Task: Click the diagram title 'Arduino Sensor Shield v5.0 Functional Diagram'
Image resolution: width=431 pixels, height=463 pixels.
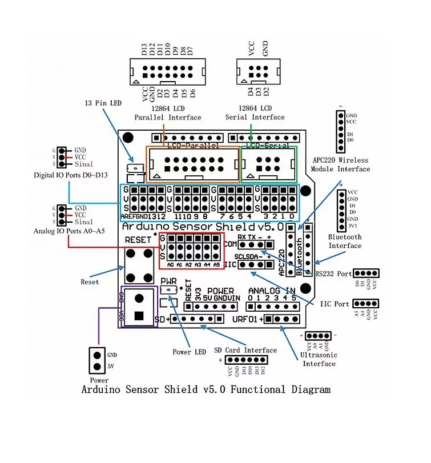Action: [206, 390]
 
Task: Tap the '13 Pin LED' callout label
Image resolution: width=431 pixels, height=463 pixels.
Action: [103, 103]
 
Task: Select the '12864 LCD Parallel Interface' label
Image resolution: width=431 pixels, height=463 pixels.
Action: [168, 112]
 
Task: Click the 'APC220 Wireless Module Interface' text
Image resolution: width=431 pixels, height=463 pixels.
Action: [340, 164]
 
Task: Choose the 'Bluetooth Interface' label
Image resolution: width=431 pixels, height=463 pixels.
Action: [345, 241]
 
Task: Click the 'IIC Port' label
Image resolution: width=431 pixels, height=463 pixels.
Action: [334, 304]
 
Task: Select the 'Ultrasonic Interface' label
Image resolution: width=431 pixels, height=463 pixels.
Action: [319, 359]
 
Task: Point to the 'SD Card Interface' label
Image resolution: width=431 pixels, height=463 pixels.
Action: [245, 350]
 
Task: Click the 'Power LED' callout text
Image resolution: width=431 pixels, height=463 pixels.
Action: [189, 352]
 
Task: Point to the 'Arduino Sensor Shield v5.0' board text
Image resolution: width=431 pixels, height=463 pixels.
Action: [203, 227]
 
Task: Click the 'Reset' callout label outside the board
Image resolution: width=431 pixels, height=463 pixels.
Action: [90, 281]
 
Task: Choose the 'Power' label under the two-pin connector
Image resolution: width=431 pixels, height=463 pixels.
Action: [99, 380]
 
